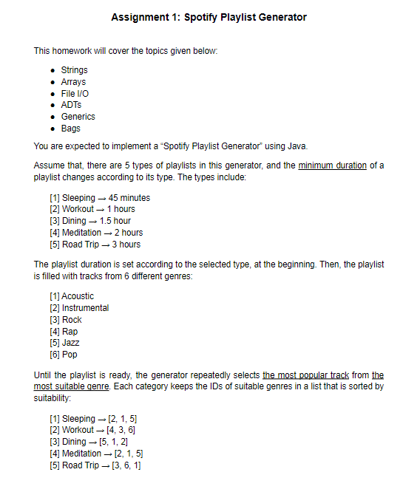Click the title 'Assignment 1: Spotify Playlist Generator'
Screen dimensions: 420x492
click(209, 17)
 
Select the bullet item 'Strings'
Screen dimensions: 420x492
click(74, 70)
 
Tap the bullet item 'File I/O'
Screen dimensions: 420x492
click(75, 94)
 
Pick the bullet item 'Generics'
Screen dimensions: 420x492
click(78, 117)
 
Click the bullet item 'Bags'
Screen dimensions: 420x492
click(71, 129)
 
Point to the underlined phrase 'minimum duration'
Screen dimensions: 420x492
click(331, 166)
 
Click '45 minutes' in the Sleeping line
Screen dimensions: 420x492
click(129, 198)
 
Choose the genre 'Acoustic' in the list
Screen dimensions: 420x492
click(78, 296)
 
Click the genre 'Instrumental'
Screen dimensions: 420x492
click(85, 308)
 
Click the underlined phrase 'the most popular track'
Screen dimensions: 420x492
click(305, 375)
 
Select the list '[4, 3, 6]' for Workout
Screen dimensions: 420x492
click(121, 430)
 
